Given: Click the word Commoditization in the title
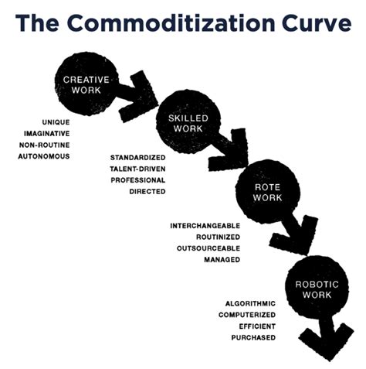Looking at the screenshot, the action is (171, 22).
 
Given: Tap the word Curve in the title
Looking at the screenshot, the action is (317, 22).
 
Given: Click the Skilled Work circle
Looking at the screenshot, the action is (188, 122).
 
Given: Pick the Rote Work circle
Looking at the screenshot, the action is (268, 192).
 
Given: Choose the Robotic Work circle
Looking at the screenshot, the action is (317, 289).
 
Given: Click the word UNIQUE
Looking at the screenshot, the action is (56, 122).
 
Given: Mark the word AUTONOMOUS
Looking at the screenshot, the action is (44, 156).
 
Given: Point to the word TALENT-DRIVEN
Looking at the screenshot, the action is (137, 169).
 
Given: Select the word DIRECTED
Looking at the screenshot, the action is (147, 192).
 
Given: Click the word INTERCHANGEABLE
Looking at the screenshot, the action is (205, 226).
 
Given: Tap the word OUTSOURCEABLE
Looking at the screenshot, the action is (208, 248).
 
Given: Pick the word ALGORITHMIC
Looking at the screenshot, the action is (250, 304).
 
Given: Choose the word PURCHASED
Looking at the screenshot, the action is (253, 337).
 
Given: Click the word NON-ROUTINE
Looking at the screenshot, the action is (45, 145).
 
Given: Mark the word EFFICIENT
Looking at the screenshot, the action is (257, 326).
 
